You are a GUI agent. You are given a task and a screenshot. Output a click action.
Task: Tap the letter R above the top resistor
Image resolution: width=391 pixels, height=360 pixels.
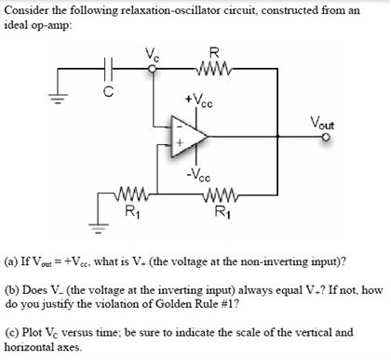pyautogui.click(x=216, y=52)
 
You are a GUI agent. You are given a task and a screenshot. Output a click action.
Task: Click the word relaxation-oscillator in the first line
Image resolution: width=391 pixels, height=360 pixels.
pyautogui.click(x=145, y=10)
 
